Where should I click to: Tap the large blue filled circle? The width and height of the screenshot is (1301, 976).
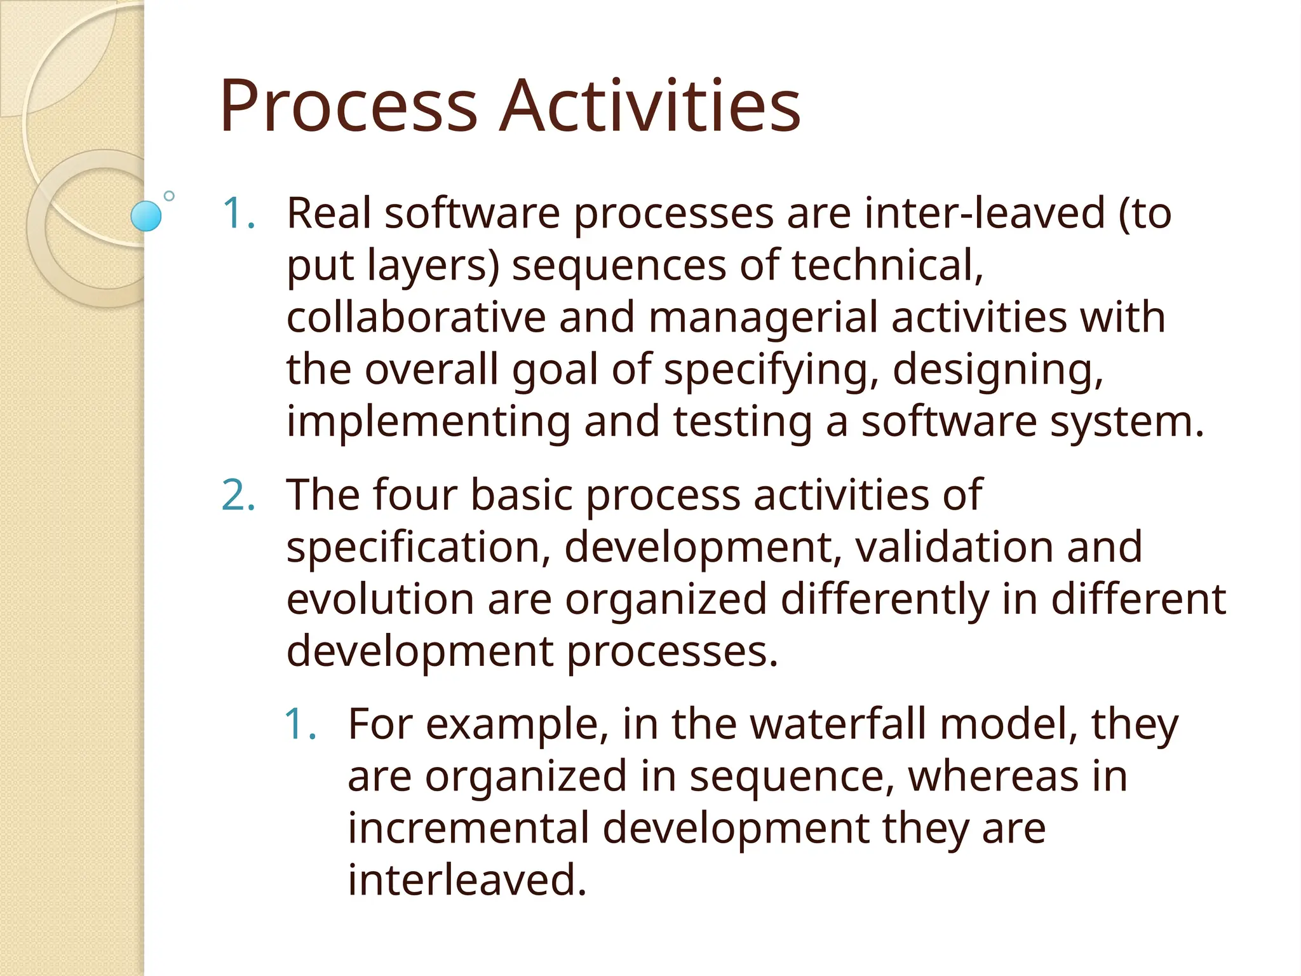click(146, 216)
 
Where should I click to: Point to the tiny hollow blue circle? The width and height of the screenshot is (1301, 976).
click(169, 196)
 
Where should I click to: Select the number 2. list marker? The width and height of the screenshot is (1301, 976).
click(239, 495)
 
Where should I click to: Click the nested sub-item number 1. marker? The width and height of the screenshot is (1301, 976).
click(300, 724)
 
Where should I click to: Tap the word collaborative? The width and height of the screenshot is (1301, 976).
click(416, 317)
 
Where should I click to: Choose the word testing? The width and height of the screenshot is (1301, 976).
click(743, 423)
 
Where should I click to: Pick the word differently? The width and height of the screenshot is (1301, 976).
click(884, 599)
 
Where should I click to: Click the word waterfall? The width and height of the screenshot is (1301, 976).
click(838, 724)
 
